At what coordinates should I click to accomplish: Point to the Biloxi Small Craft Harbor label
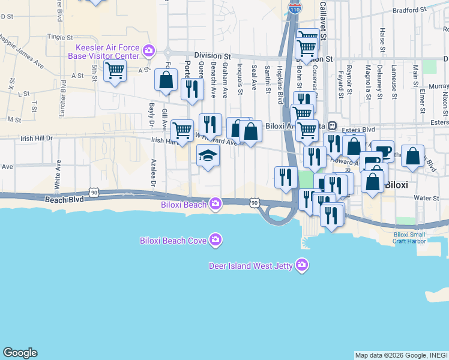410,238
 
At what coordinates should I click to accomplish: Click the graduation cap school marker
208,156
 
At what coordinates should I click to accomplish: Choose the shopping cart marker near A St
115,71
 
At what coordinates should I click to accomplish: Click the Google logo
20,353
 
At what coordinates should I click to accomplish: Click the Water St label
427,197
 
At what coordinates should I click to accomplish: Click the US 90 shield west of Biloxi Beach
93,192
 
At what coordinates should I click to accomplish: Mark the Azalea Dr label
154,173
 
